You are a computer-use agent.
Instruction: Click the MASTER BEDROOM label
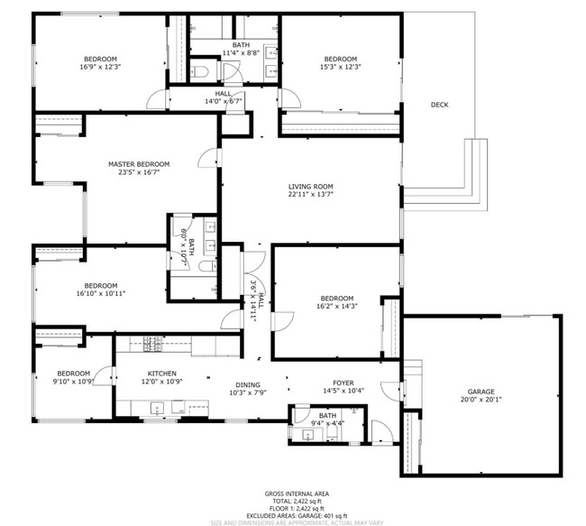(139, 164)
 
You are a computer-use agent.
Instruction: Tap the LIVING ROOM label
(311, 186)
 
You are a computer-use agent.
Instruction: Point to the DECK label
(439, 106)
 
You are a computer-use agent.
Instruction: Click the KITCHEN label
(162, 374)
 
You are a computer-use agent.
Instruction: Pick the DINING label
(248, 384)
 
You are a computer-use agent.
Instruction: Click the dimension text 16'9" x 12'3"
(100, 66)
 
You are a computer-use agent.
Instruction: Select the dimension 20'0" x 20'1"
(481, 399)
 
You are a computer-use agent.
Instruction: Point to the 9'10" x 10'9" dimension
(73, 382)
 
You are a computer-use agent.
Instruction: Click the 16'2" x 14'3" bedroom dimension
(336, 306)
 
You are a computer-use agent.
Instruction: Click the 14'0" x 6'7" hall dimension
(224, 101)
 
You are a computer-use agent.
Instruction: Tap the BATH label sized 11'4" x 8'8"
(241, 45)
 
